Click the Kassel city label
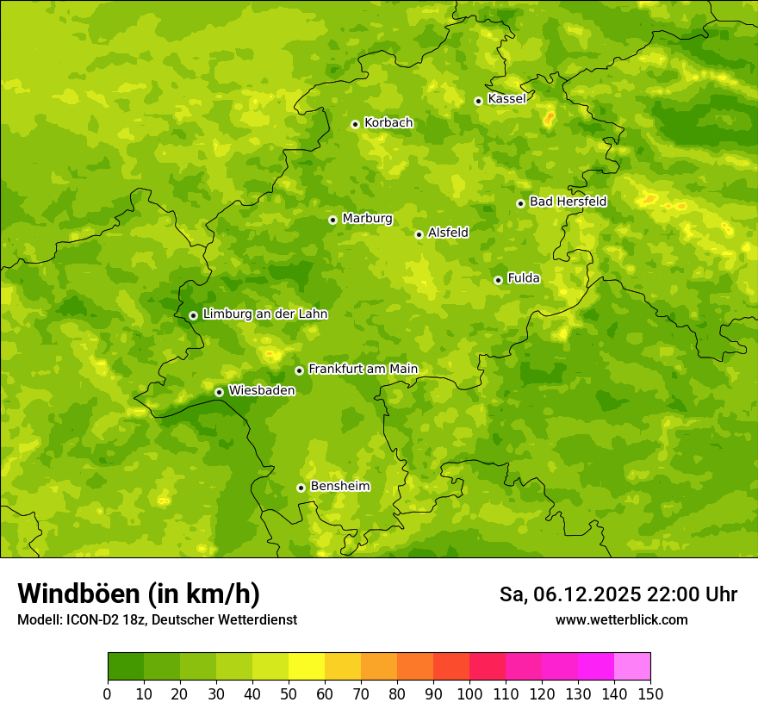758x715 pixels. [x=506, y=99]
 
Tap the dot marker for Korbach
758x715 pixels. [x=355, y=124]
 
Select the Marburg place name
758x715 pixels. [x=367, y=219]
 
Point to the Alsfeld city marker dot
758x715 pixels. [x=419, y=234]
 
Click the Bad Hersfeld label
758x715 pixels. [x=568, y=202]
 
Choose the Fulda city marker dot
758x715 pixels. [x=498, y=280]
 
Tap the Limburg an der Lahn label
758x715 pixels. [x=264, y=314]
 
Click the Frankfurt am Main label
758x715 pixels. [x=363, y=369]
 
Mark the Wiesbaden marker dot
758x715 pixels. [x=219, y=392]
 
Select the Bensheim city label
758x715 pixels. [x=339, y=487]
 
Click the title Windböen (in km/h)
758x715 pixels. [x=139, y=594]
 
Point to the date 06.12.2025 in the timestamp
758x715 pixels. [x=587, y=594]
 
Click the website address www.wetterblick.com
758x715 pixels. [x=621, y=619]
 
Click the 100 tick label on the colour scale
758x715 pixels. [x=469, y=693]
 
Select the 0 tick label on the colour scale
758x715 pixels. [x=108, y=693]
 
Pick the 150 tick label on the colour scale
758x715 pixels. [x=650, y=693]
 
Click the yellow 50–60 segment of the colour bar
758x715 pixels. [x=307, y=667]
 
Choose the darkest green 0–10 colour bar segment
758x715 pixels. [x=126, y=667]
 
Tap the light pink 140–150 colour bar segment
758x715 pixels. [x=632, y=667]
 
